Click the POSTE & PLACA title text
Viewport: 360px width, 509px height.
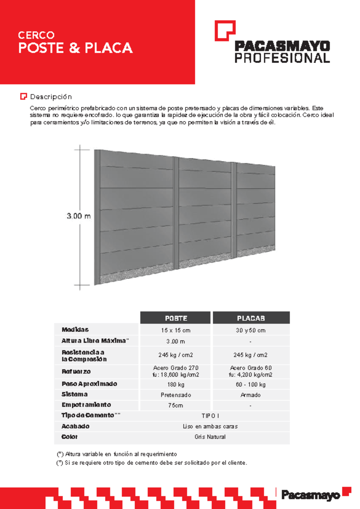75,48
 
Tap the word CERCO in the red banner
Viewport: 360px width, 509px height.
36,35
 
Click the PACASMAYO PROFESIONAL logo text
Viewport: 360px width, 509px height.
282,52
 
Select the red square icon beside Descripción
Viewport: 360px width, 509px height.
23,96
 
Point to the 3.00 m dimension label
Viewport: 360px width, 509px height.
79,216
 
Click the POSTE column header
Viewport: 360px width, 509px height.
176,318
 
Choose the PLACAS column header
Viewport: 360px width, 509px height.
251,318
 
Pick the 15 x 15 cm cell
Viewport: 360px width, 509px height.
175,330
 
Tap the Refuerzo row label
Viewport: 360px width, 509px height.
76,372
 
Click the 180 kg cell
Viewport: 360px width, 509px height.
176,384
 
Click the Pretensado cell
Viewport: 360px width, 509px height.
176,395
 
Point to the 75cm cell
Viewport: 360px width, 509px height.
175,405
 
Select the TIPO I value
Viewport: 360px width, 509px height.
210,416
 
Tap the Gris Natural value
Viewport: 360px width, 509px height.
210,437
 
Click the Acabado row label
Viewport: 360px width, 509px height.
75,426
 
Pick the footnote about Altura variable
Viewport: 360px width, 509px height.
117,454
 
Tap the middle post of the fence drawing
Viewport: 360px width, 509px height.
176,213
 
